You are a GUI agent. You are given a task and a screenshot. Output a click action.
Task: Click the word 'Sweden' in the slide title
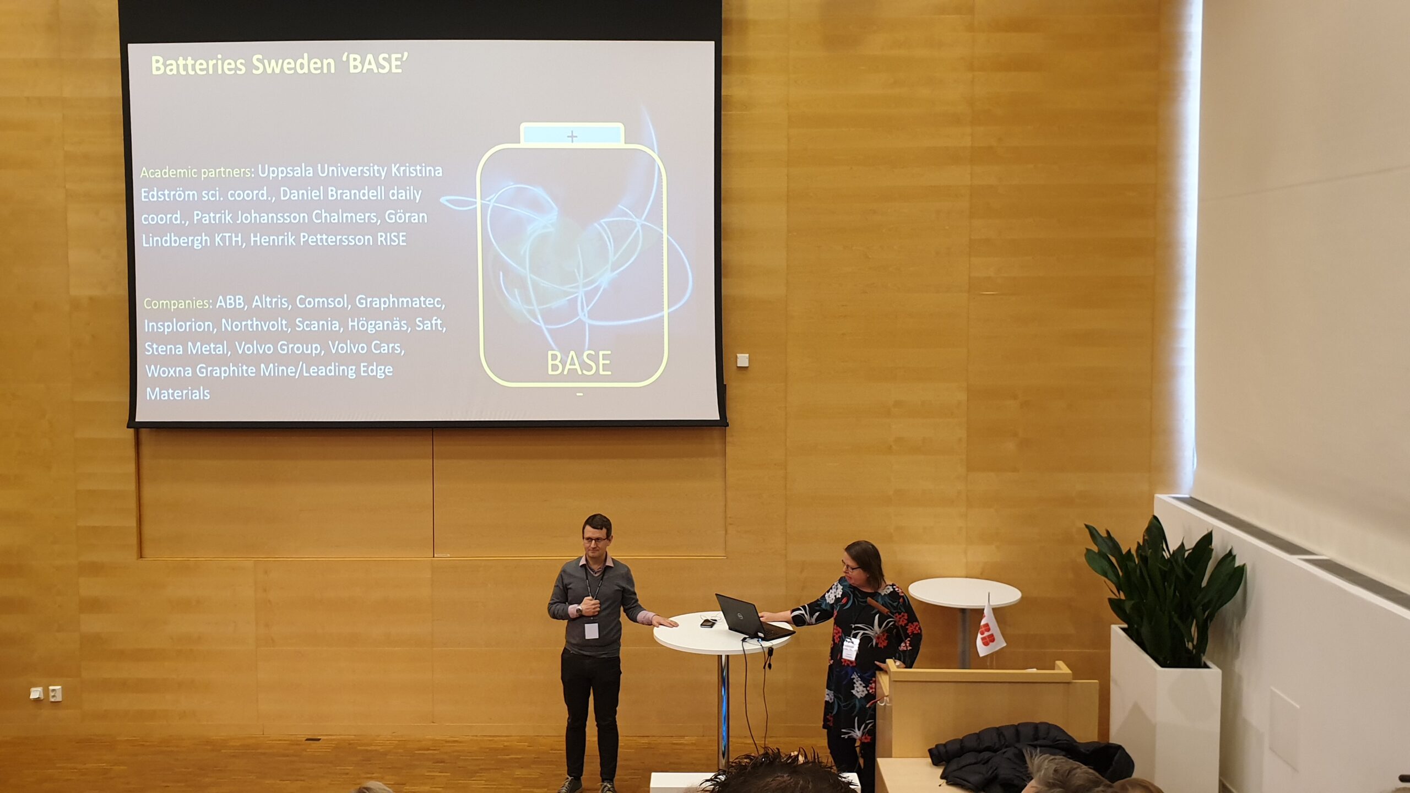293,65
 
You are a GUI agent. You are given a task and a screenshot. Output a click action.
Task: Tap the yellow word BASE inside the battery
579,363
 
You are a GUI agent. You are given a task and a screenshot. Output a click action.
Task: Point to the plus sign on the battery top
572,136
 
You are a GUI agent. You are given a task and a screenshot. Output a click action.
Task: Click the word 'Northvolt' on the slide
254,325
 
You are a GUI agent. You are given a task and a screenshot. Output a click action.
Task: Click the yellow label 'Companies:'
177,303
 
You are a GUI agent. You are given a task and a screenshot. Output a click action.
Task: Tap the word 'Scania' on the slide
317,325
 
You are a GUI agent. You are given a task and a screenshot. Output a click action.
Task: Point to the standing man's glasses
596,540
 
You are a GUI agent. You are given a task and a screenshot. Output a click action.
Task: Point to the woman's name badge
852,648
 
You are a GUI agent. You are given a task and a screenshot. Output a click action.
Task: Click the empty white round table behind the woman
964,593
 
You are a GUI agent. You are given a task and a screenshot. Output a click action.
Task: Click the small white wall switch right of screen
742,360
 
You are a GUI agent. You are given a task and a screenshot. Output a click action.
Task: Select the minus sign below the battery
579,394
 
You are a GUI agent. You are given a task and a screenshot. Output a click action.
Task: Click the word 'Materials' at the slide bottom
178,394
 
